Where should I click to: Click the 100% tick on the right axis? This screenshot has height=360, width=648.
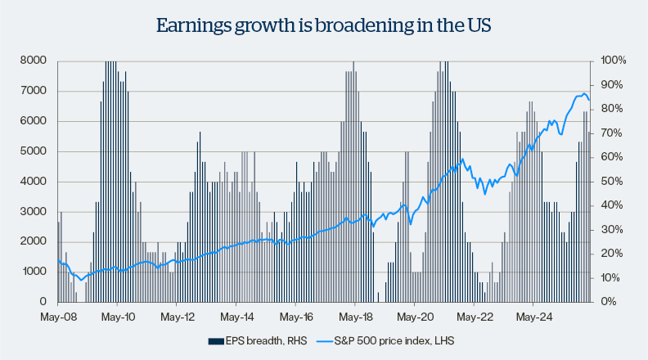(613, 61)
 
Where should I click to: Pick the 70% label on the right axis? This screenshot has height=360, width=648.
(610, 133)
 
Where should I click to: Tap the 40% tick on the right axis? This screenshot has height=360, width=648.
(610, 205)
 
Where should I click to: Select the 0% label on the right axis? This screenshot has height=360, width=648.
(608, 302)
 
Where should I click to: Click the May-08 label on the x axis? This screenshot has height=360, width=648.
(58, 315)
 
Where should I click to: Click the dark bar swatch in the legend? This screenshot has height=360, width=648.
(215, 340)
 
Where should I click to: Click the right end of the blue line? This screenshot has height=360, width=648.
(590, 100)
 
